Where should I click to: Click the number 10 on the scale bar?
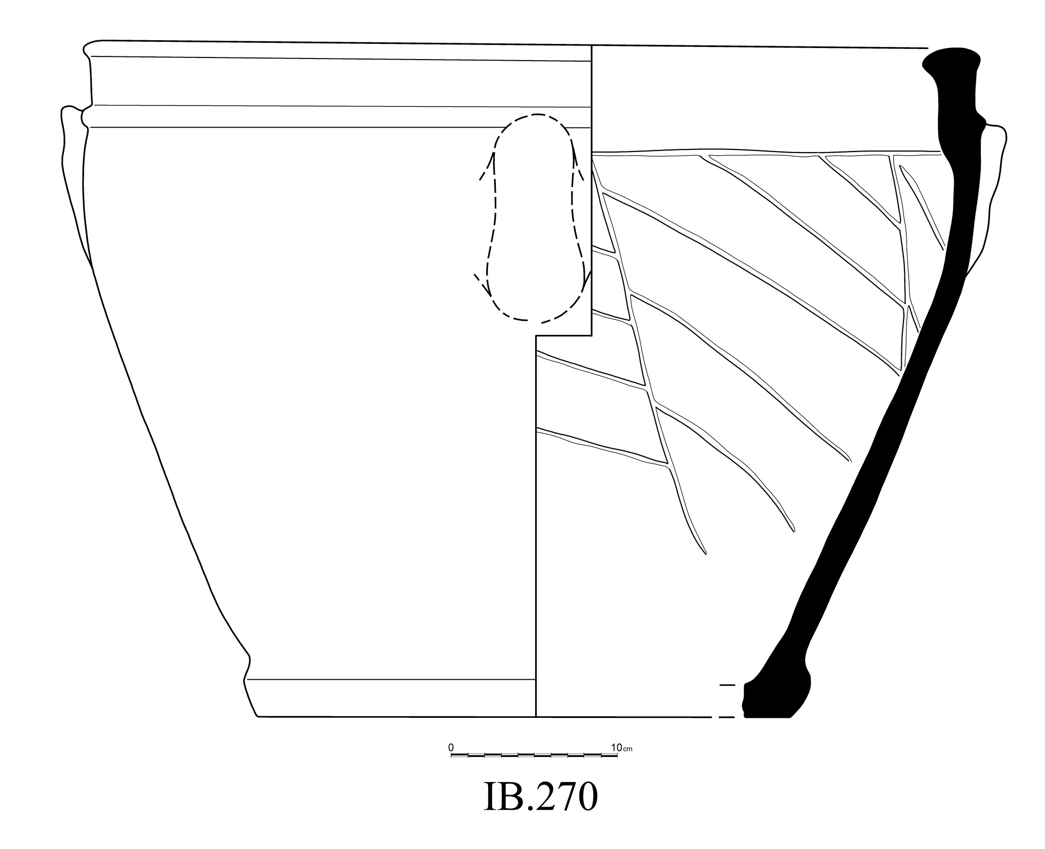[617, 748]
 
